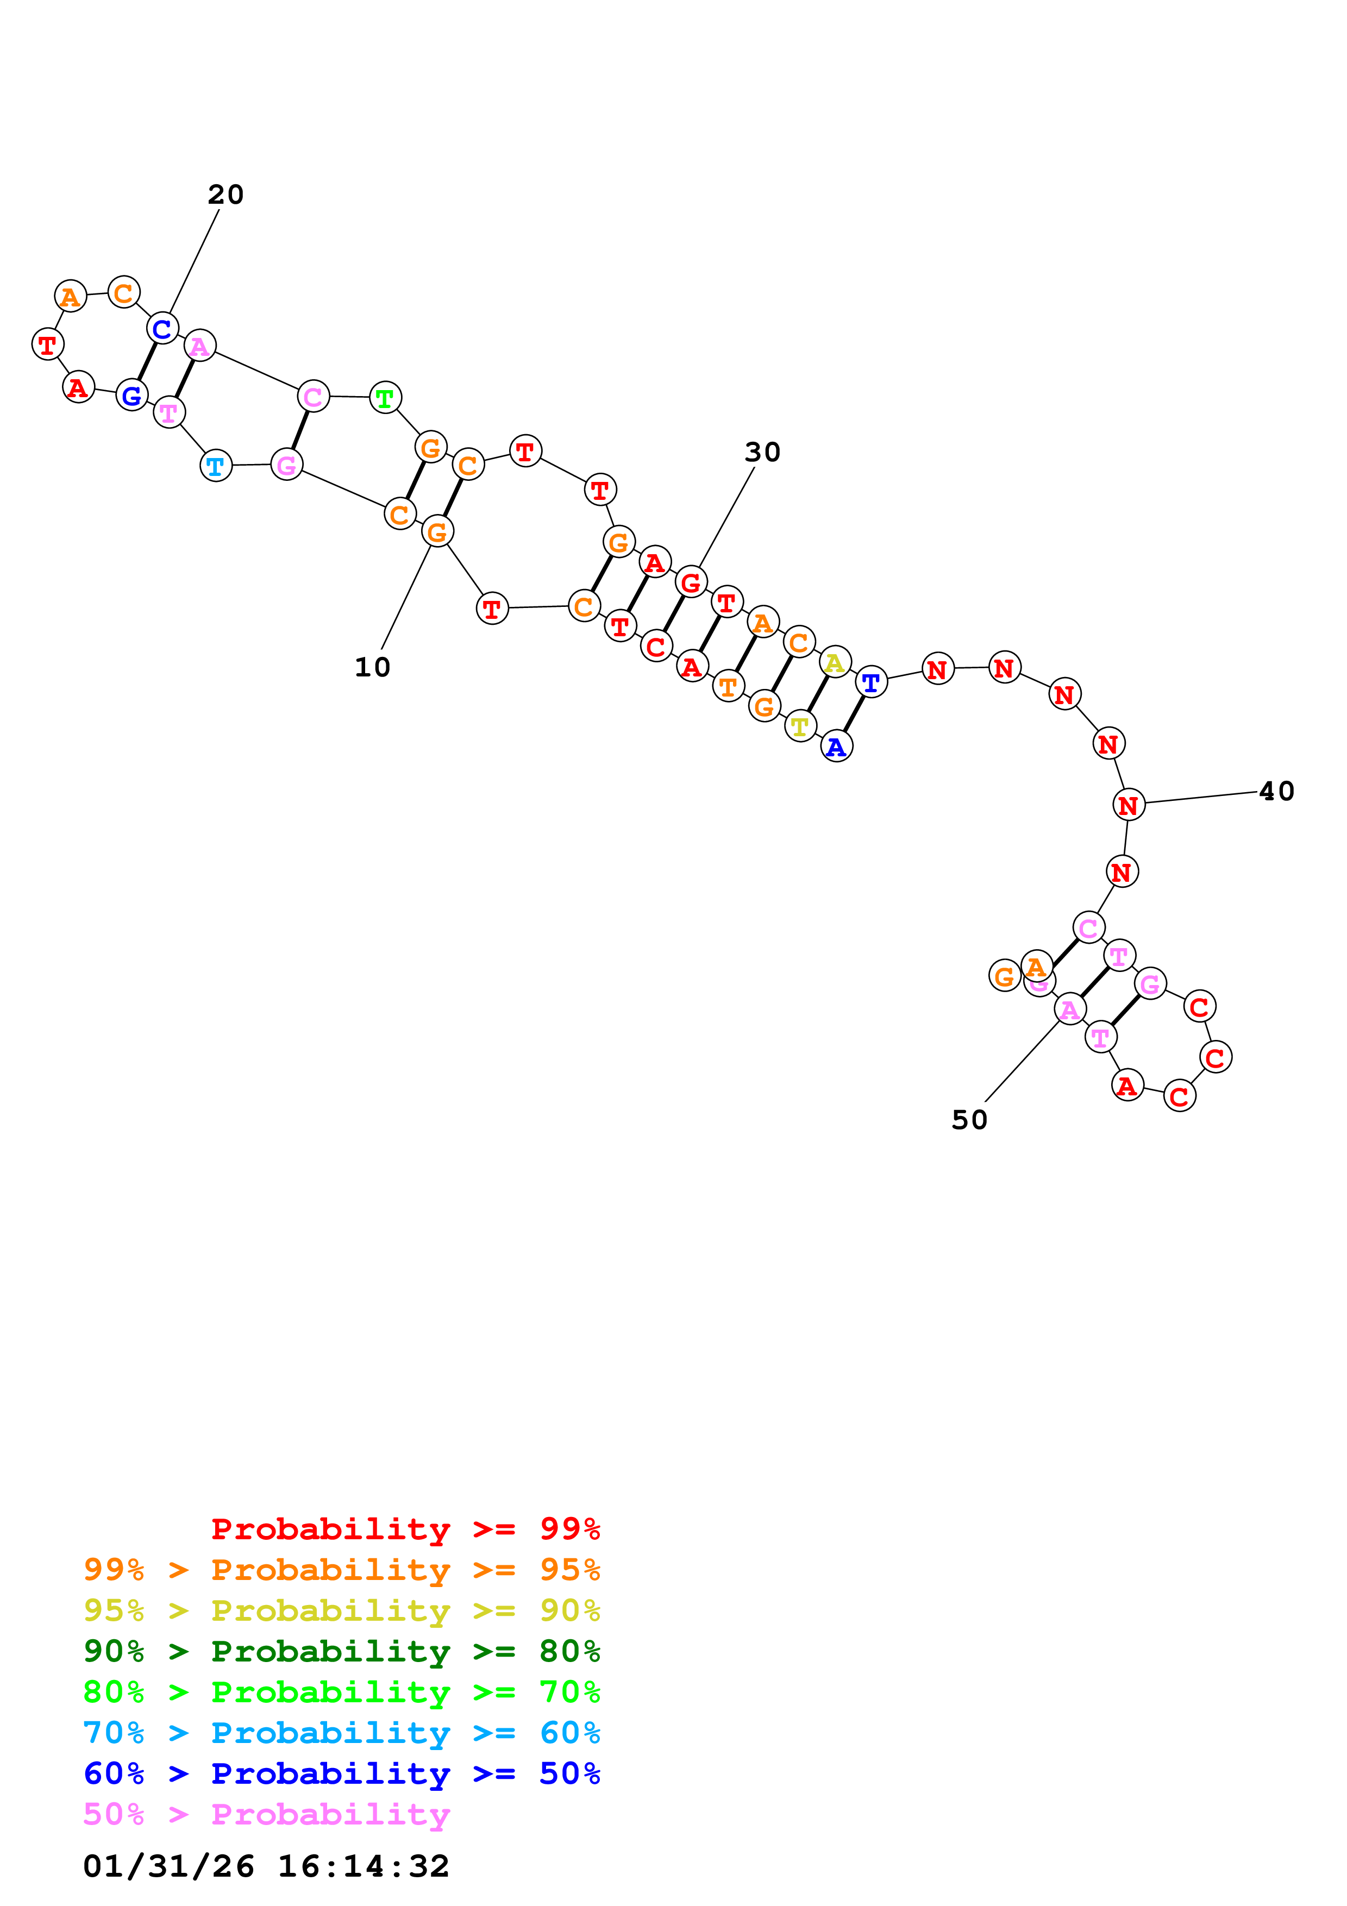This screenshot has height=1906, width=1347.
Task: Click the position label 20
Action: pyautogui.click(x=225, y=195)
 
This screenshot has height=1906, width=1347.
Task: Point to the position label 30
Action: pyautogui.click(x=762, y=453)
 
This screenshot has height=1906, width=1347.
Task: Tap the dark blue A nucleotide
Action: pyautogui.click(x=837, y=747)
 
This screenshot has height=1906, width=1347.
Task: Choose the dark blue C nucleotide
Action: pyautogui.click(x=162, y=329)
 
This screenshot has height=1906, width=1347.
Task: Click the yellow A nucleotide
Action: pyautogui.click(x=835, y=662)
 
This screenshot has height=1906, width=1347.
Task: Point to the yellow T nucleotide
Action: pyautogui.click(x=800, y=726)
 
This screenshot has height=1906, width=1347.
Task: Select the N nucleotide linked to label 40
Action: pyautogui.click(x=1128, y=805)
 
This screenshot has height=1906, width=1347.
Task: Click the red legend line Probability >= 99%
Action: pyautogui.click(x=405, y=1529)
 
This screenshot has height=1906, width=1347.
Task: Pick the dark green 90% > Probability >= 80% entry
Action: pyautogui.click(x=342, y=1651)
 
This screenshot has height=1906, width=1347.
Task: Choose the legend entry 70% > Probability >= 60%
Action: pyautogui.click(x=342, y=1733)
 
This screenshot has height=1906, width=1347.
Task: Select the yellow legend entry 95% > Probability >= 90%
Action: pyautogui.click(x=342, y=1610)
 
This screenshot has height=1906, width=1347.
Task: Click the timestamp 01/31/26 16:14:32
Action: pyautogui.click(x=266, y=1866)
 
